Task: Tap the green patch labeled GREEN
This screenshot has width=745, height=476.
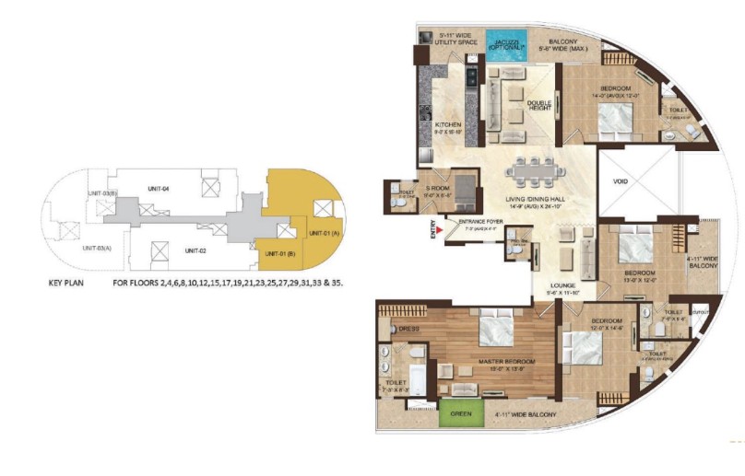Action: (x=460, y=414)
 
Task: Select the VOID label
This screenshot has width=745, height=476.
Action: (x=621, y=181)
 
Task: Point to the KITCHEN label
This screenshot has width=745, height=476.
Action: (x=448, y=125)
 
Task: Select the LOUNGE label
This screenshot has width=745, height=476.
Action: (x=563, y=286)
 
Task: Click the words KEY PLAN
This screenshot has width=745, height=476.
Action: (x=65, y=283)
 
